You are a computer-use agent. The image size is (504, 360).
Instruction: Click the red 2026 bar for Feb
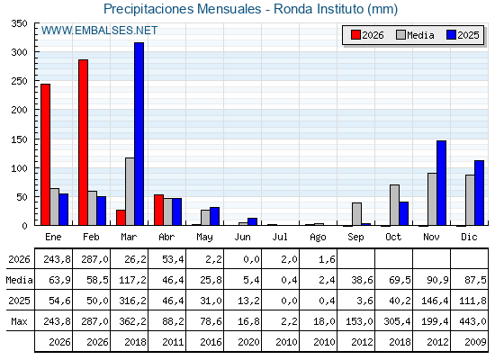coord(83,142)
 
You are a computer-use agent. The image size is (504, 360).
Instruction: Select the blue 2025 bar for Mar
coord(139,134)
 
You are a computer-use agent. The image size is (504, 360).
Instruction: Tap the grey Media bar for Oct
coord(395,205)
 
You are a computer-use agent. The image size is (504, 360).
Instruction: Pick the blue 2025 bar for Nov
coord(441,183)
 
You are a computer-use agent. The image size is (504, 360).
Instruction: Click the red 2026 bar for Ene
coord(46,155)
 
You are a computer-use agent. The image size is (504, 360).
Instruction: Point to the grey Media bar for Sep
coord(356,214)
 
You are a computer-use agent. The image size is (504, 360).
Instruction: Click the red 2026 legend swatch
coord(355,35)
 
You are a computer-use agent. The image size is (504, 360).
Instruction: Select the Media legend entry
coord(415,35)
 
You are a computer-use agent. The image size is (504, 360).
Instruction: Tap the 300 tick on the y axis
coord(19,52)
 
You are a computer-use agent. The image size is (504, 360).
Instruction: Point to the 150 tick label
coord(19,139)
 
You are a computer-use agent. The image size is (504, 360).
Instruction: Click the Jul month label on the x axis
coord(280,237)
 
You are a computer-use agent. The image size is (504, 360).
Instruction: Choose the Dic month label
coord(469,237)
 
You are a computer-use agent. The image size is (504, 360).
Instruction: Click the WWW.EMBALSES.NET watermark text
coord(99,31)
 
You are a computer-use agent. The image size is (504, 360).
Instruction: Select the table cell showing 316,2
coord(132,301)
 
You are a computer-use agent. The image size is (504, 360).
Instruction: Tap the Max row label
coord(19,321)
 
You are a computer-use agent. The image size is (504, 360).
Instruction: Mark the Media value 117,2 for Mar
coord(132,280)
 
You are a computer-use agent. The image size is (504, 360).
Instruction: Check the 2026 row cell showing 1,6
coord(327,259)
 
